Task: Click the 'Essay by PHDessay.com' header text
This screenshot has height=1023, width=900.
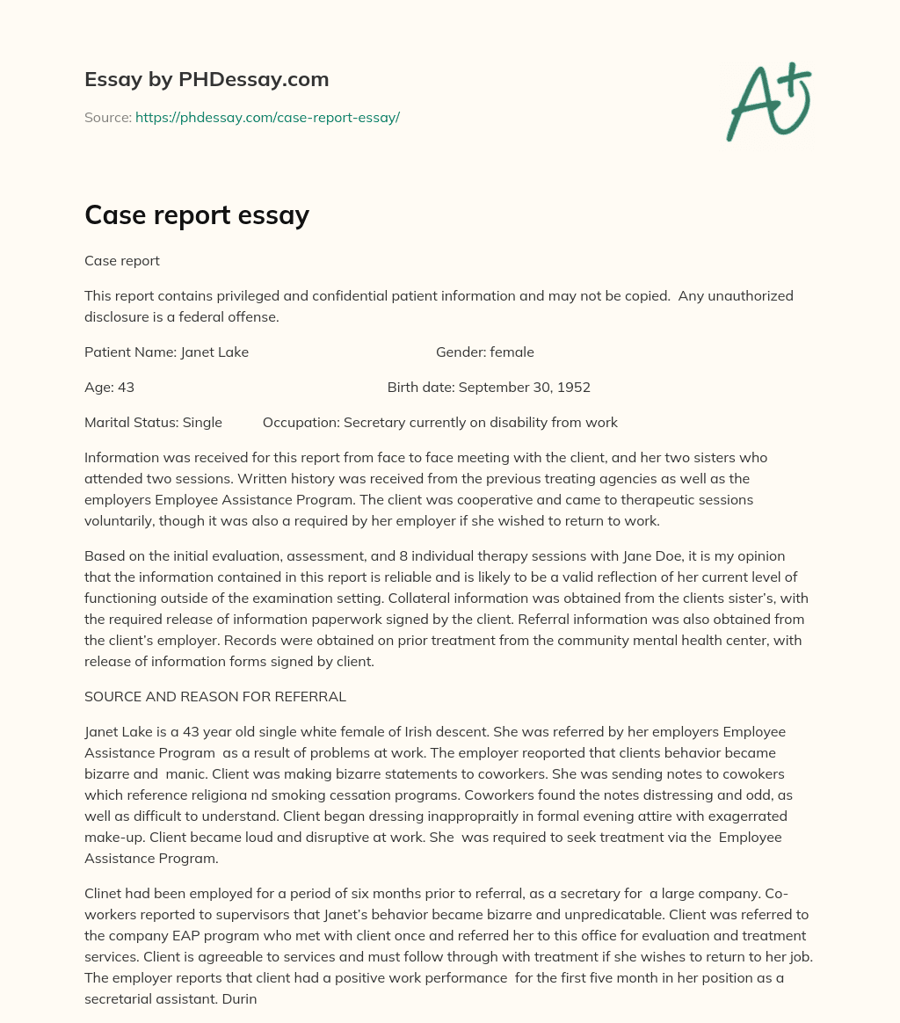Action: click(x=207, y=80)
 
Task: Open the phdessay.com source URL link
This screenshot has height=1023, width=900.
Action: click(x=267, y=117)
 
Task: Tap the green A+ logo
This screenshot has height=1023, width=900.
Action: click(x=768, y=102)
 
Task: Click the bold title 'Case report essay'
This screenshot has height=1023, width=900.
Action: click(x=197, y=216)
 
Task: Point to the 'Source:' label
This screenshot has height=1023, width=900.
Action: click(x=107, y=117)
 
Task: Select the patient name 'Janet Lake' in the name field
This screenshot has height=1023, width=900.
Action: click(x=214, y=352)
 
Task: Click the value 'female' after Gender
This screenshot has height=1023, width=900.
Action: click(x=512, y=352)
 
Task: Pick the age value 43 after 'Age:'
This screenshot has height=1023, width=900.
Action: click(x=126, y=388)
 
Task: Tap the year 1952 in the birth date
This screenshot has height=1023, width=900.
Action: click(x=573, y=388)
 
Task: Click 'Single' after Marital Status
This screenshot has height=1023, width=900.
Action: click(x=202, y=423)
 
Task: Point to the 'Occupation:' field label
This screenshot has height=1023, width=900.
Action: click(x=301, y=423)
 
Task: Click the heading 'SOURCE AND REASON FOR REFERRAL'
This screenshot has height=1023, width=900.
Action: click(x=215, y=697)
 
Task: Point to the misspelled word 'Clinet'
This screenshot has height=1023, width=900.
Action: click(x=105, y=894)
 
